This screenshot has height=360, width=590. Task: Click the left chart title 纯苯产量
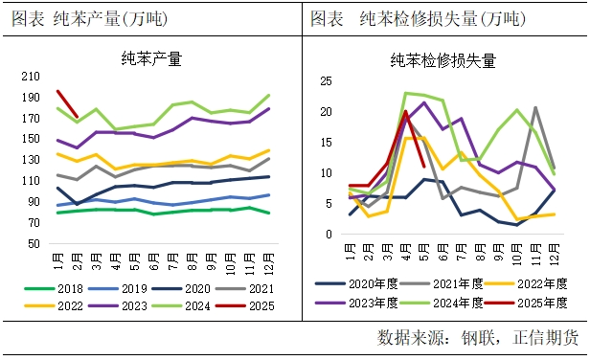tap(152, 58)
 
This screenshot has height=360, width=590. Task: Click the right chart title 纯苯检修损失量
tap(442, 60)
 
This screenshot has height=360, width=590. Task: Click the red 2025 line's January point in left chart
tap(57, 91)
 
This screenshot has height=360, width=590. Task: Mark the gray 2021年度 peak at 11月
tap(535, 107)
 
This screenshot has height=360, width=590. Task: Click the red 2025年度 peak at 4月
tap(406, 111)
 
